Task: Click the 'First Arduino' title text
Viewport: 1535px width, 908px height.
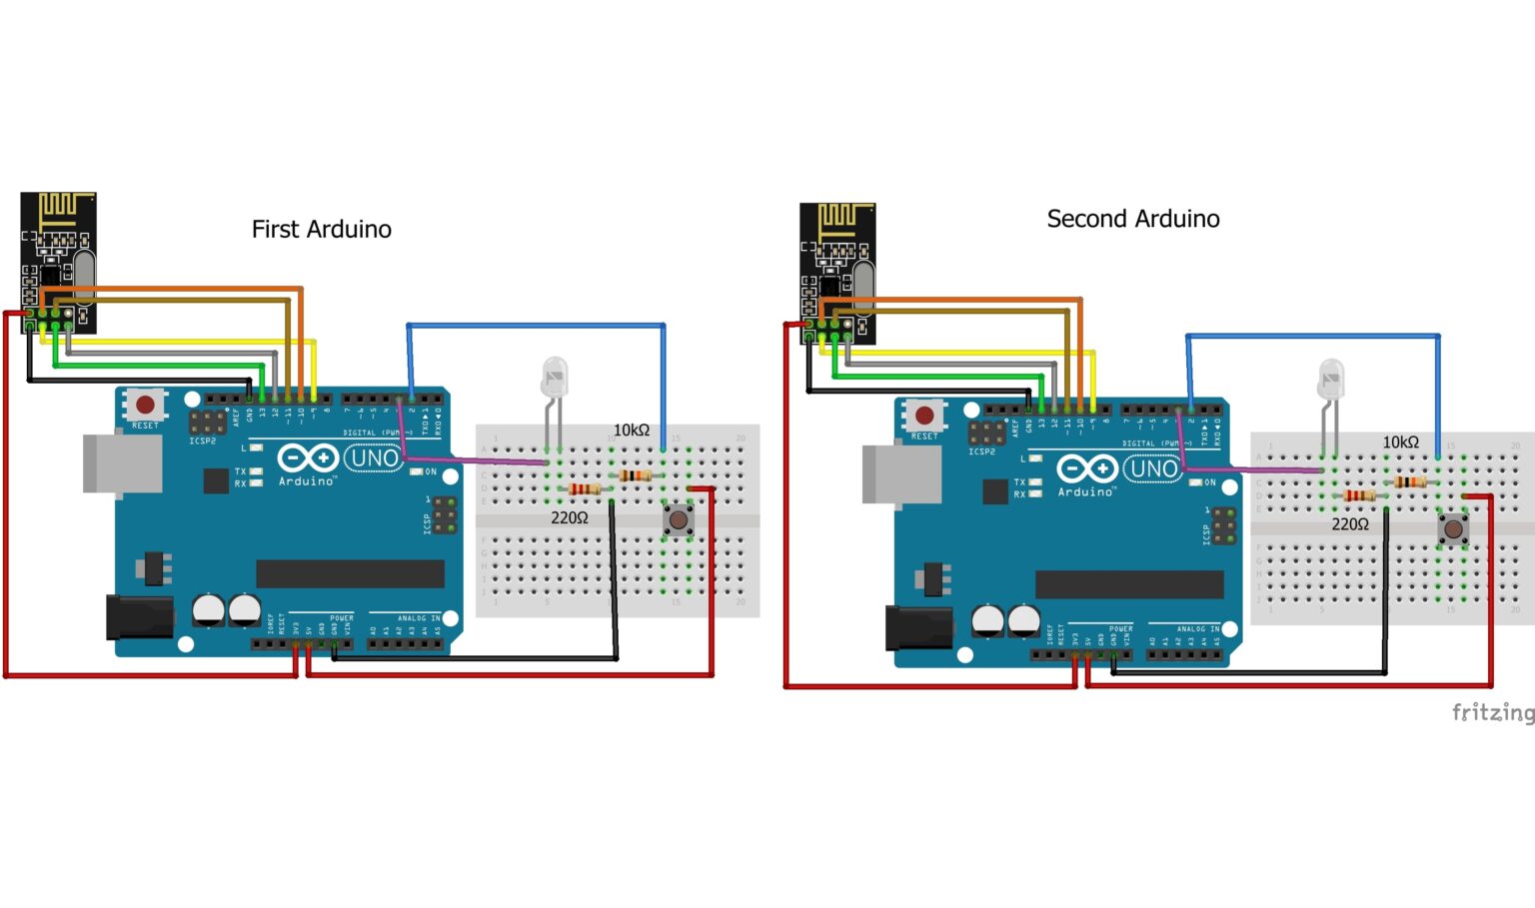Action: [321, 229]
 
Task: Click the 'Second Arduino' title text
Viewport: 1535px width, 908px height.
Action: [1132, 219]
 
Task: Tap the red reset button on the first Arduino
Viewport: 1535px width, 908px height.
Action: [145, 405]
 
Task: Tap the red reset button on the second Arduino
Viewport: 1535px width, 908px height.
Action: [924, 415]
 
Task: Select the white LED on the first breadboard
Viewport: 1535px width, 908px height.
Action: [554, 377]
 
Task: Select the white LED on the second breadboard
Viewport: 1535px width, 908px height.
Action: [1331, 379]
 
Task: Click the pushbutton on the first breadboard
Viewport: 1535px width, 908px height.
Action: [679, 519]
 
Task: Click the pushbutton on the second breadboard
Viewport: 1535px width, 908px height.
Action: [1453, 528]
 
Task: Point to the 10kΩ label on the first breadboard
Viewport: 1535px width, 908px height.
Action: [631, 430]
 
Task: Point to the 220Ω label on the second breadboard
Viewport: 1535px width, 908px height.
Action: [1349, 524]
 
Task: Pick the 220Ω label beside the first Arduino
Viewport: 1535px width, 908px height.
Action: [569, 517]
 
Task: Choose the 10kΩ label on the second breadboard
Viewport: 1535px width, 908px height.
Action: [1400, 442]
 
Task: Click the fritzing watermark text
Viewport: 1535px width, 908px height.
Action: [1492, 712]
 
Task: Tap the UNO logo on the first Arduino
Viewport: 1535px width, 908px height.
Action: [375, 458]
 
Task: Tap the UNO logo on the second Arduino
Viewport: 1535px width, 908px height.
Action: [1153, 468]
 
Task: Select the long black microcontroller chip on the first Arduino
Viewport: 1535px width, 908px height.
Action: [350, 573]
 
